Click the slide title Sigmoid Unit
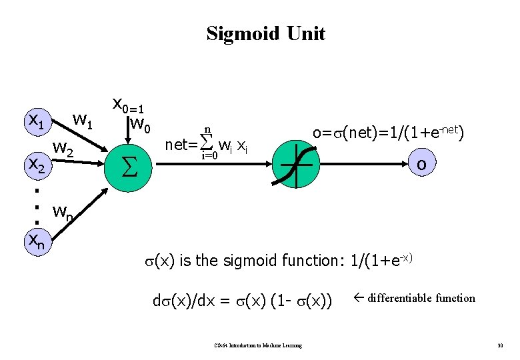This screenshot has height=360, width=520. (x=265, y=33)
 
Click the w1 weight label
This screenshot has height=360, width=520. (x=85, y=121)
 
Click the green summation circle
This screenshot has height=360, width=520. (x=129, y=163)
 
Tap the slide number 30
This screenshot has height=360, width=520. (x=499, y=345)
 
